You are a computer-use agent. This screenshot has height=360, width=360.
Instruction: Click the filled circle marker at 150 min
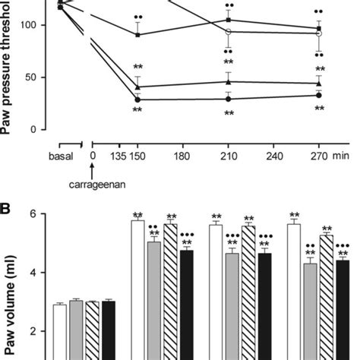click(x=137, y=99)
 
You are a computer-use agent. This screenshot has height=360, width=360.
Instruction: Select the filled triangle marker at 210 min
click(x=228, y=81)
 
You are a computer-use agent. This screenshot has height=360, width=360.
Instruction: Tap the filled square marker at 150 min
click(x=137, y=33)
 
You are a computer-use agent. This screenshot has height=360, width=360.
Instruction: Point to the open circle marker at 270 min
click(x=319, y=34)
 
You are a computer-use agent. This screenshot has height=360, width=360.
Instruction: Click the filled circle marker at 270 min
click(x=319, y=95)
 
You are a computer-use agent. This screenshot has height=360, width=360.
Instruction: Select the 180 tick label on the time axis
click(x=182, y=156)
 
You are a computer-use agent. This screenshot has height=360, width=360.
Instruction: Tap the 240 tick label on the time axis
click(x=273, y=156)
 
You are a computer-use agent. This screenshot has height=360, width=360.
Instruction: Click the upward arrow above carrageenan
click(x=93, y=170)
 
